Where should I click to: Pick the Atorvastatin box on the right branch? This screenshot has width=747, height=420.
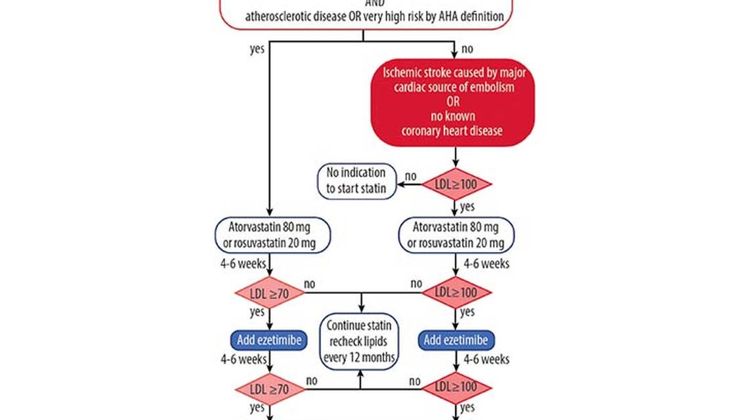457,235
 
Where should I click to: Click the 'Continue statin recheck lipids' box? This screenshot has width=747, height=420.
360,341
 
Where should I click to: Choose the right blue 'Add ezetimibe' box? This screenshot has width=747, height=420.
456,339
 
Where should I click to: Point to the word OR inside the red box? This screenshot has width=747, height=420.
453,101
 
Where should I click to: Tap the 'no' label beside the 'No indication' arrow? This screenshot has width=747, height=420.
410,175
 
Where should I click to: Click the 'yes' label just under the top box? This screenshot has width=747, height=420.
257,49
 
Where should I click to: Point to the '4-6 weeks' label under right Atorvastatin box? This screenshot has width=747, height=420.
486,264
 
